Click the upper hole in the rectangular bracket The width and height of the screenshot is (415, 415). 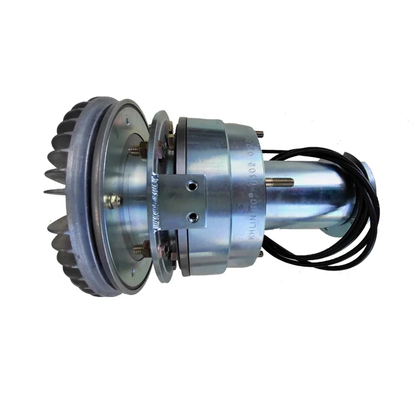click(x=191, y=187)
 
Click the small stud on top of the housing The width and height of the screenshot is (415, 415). click(x=259, y=134)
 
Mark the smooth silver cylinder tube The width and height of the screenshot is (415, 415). click(x=311, y=195)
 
